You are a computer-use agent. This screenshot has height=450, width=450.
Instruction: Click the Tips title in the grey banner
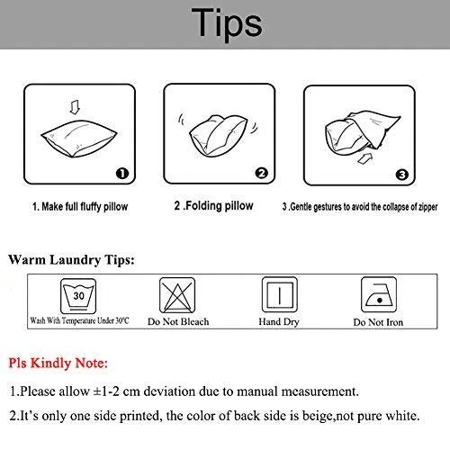227,24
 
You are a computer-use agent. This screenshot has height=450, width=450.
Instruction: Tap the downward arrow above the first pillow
75,107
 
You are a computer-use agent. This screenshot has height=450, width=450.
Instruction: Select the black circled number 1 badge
122,174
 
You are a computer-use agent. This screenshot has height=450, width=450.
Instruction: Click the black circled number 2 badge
262,173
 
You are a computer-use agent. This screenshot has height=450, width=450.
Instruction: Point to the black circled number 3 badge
402,175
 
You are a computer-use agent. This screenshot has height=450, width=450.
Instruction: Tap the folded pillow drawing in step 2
219,136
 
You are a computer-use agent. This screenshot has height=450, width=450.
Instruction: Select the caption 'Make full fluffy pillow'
85,207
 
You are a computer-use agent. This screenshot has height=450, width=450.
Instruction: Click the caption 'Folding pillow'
220,206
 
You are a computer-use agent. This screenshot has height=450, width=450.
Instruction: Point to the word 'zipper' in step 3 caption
428,207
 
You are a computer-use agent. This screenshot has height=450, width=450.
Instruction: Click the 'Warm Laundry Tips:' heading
71,260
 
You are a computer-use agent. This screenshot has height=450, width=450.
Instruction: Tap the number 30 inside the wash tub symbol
78,296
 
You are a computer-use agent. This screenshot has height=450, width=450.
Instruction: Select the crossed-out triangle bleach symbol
177,295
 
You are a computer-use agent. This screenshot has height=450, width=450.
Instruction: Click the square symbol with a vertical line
280,295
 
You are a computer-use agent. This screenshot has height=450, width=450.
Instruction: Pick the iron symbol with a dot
379,295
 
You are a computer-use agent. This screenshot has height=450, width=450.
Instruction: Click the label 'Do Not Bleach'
178,321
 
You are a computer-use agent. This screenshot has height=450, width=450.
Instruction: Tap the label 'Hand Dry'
279,322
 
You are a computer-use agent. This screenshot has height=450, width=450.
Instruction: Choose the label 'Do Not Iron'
378,322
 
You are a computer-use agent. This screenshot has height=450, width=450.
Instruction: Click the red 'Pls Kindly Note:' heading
58,363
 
